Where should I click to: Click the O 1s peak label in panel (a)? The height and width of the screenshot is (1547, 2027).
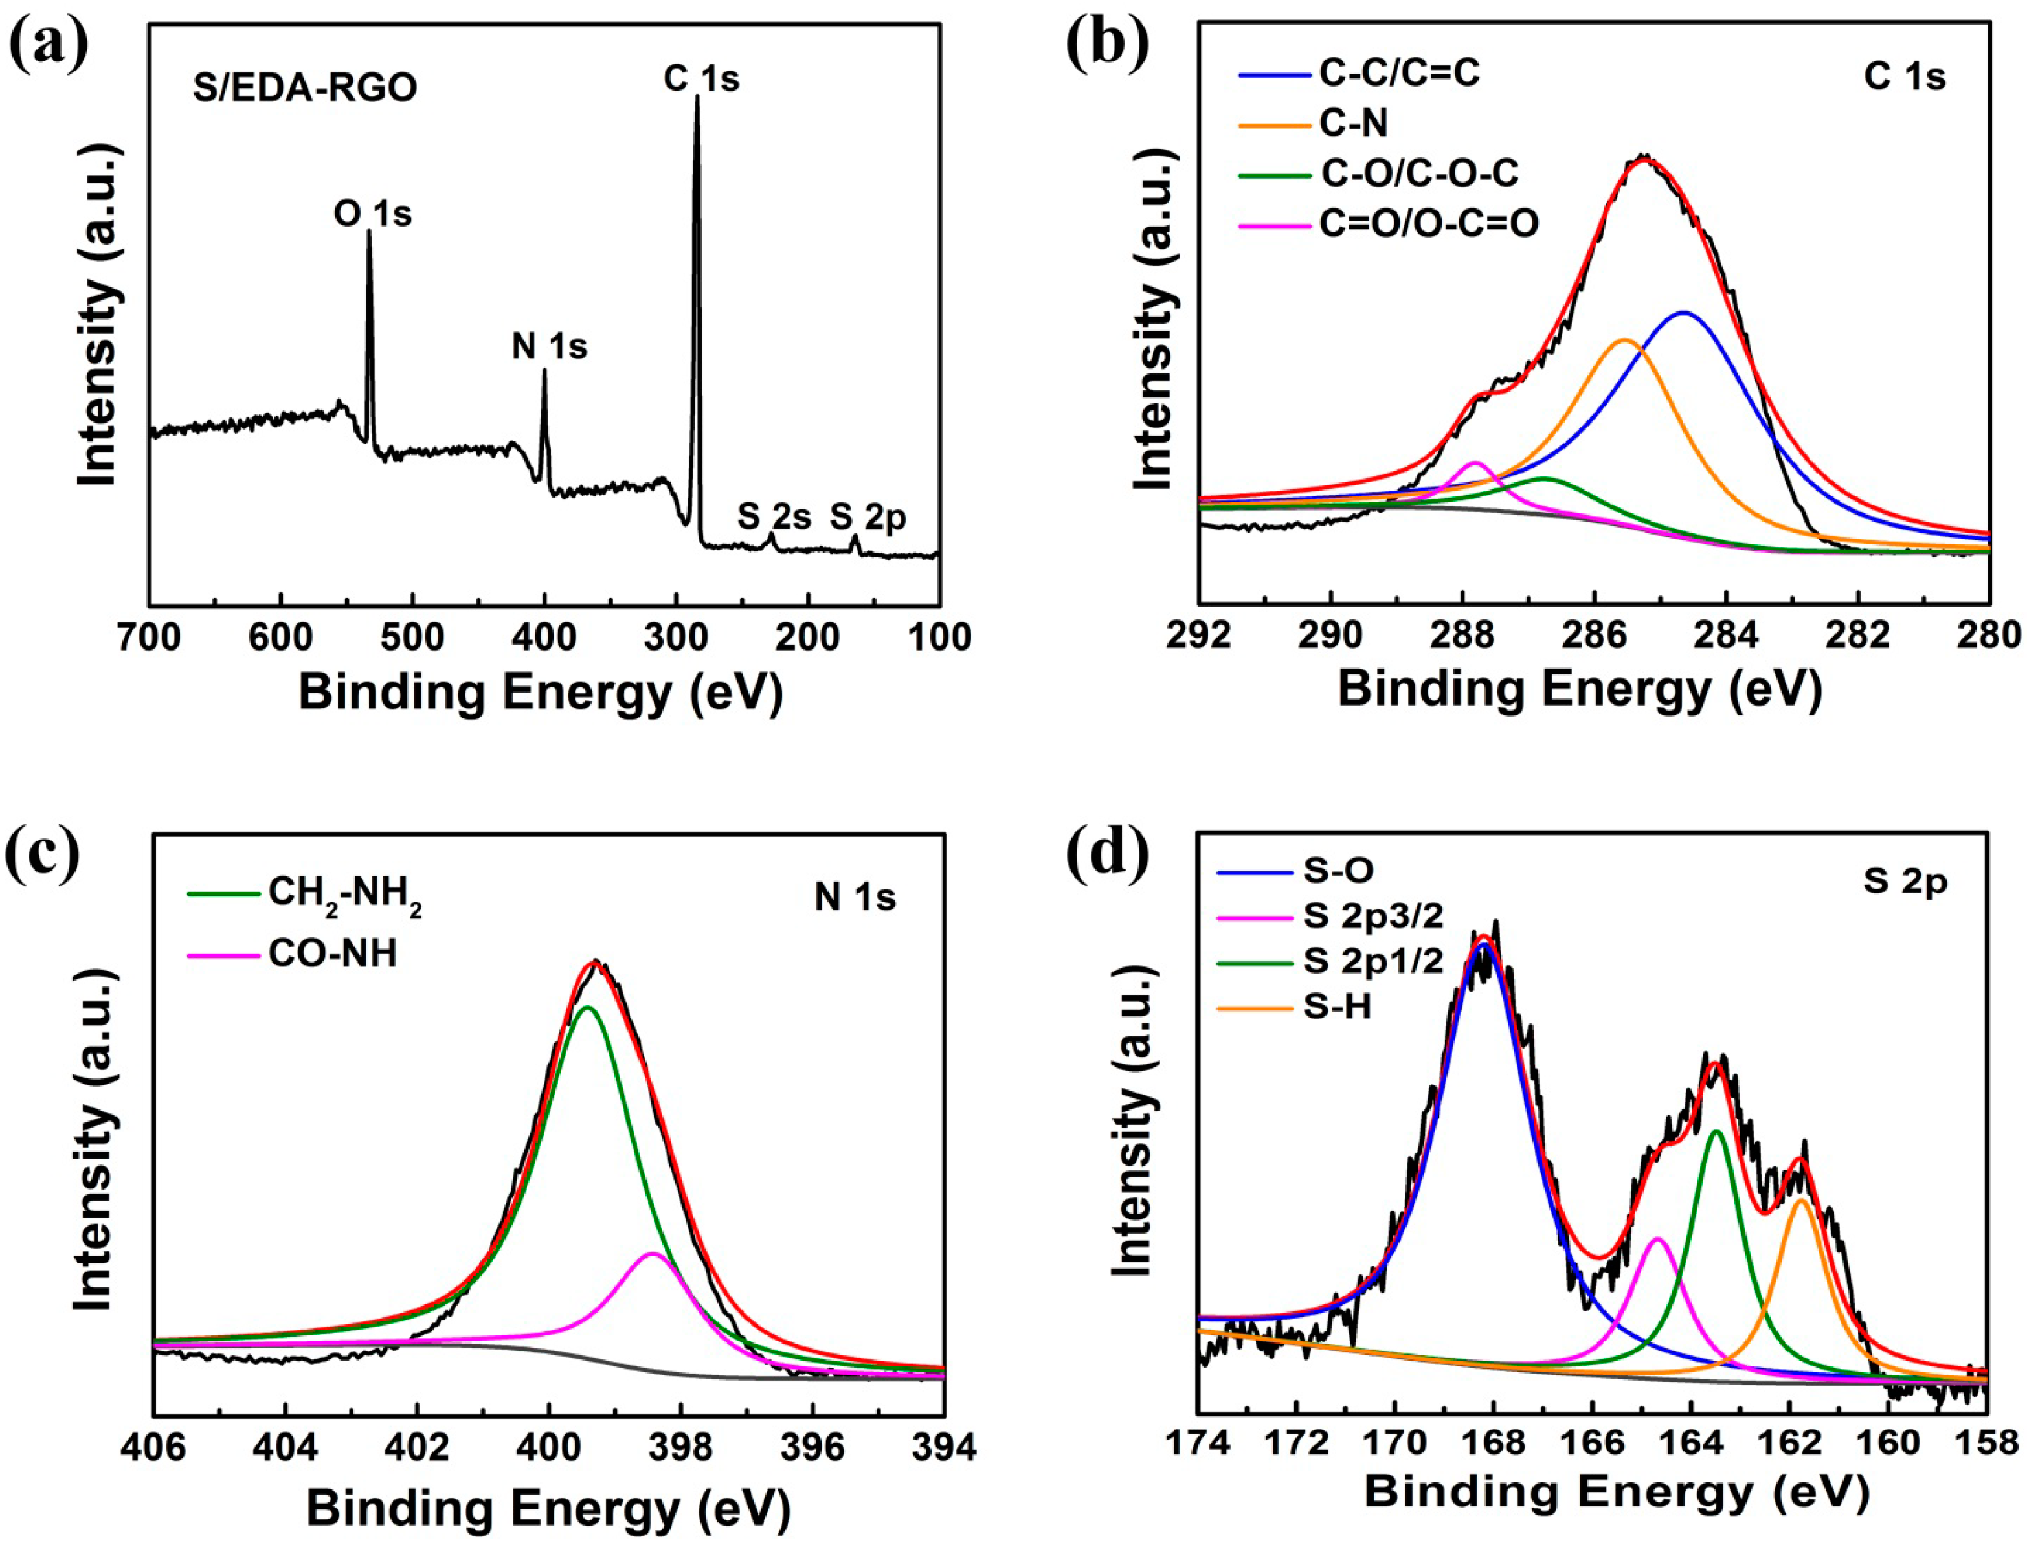click(x=372, y=214)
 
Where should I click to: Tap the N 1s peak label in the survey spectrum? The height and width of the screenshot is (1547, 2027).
click(x=549, y=347)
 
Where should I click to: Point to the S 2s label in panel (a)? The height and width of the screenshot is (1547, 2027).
click(x=773, y=518)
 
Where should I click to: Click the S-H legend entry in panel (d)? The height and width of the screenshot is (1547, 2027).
click(x=1338, y=1007)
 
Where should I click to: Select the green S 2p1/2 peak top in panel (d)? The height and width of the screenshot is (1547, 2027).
click(x=1716, y=1131)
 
